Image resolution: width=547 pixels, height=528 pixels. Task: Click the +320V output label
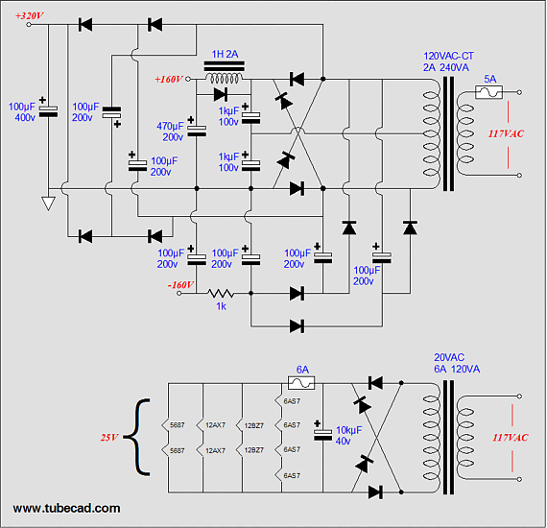pos(30,15)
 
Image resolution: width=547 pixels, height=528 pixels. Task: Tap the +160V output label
pos(169,80)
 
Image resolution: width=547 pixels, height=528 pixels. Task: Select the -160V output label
pos(180,285)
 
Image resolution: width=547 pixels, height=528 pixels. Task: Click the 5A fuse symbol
pos(488,92)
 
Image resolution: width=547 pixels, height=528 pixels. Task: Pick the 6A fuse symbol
pos(301,383)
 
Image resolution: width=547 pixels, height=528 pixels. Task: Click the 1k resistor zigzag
pos(221,293)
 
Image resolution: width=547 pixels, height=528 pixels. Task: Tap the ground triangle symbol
pos(48,204)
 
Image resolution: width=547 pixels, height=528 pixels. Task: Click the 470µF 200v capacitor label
pos(170,132)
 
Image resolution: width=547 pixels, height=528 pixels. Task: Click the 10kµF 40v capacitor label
pos(348,436)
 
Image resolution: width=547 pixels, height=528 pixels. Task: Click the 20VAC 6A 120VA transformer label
pos(457,363)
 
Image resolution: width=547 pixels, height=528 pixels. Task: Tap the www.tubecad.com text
pos(66,508)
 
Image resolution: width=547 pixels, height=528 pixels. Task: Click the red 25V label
pos(109,437)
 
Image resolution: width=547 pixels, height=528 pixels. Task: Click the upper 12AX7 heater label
pos(215,425)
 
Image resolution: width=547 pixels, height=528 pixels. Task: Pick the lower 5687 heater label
pos(178,450)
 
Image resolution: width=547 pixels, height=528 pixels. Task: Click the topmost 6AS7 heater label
pos(292,401)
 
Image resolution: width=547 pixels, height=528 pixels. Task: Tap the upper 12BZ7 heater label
pos(254,425)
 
